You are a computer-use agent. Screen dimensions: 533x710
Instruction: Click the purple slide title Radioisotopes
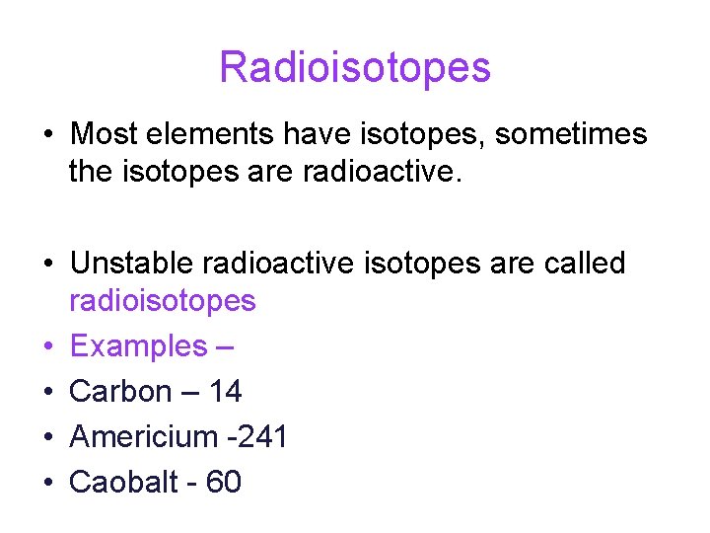[x=354, y=67]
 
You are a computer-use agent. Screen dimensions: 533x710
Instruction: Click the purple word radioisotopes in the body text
[x=162, y=301]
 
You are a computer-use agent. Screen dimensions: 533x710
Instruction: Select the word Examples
[x=139, y=346]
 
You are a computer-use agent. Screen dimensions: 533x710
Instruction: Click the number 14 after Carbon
[x=225, y=392]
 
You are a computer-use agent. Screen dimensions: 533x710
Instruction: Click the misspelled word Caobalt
[x=126, y=482]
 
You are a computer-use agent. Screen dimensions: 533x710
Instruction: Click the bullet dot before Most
[x=47, y=134]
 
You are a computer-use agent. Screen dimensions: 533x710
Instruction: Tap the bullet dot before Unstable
[x=47, y=265]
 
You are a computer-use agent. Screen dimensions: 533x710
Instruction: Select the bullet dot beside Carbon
[x=47, y=393]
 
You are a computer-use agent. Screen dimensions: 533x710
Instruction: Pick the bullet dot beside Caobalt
[x=47, y=483]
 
